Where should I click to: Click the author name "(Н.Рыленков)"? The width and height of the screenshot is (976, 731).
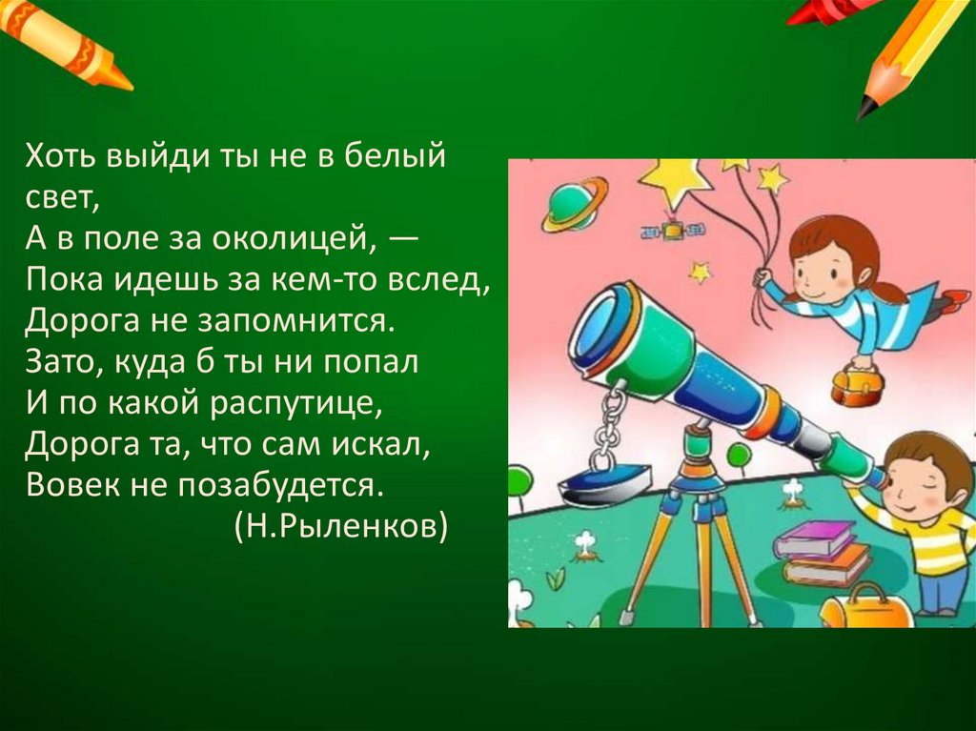pos(339,526)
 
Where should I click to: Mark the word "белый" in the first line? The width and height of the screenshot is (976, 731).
pos(401,156)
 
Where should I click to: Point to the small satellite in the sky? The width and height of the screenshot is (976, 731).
pos(673,231)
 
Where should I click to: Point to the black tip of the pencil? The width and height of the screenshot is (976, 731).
pos(865,107)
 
